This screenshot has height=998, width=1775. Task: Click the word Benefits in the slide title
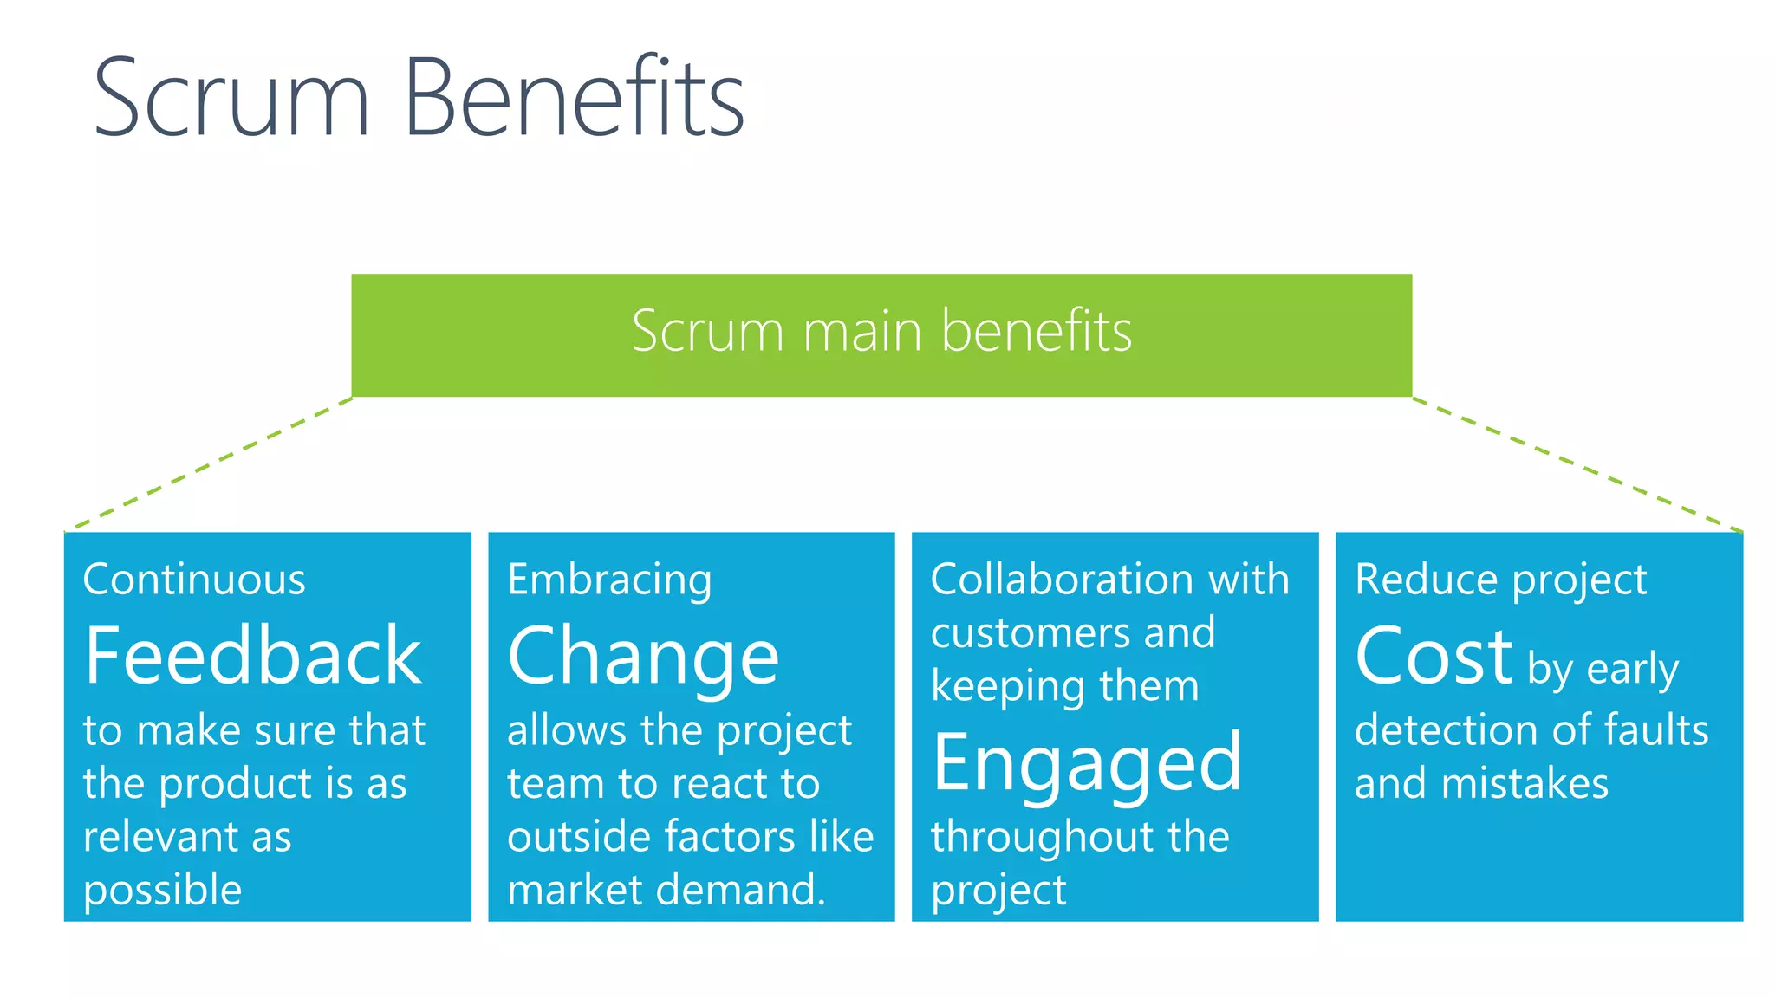click(574, 97)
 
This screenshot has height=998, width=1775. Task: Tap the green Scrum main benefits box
click(881, 334)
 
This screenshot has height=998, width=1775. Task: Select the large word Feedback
click(253, 657)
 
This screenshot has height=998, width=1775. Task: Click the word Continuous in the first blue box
click(194, 579)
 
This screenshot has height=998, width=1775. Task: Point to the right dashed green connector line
click(1577, 464)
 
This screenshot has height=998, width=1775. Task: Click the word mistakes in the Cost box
click(1525, 783)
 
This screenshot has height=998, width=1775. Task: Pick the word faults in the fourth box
click(1656, 729)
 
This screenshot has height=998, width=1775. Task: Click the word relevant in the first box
click(161, 837)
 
